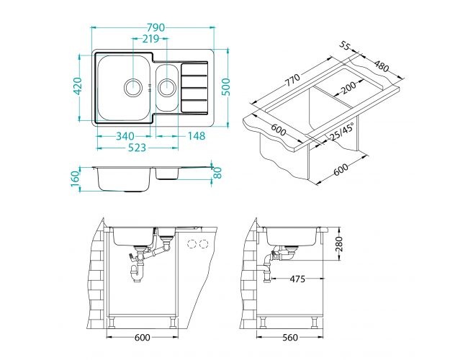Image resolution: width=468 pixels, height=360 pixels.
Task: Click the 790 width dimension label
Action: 156,27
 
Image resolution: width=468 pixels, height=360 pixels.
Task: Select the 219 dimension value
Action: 150,39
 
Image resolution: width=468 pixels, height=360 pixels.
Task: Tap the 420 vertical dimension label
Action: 78,86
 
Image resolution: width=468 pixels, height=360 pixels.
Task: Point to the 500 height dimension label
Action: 227,87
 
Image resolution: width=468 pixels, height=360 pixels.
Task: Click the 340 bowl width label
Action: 125,136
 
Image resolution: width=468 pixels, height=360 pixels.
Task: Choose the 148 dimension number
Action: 197,136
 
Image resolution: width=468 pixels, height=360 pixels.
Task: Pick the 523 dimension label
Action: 137,148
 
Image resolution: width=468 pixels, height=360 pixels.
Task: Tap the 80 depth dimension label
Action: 218,173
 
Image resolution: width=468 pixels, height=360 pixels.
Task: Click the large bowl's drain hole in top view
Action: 132,88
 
